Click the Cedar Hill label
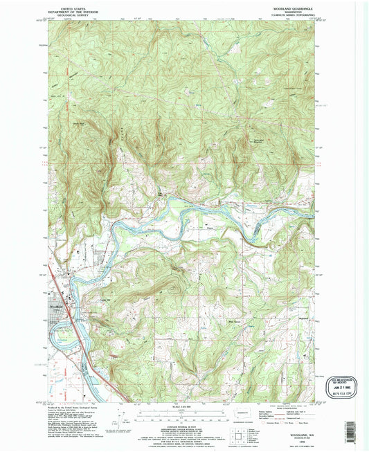point(106,300)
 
